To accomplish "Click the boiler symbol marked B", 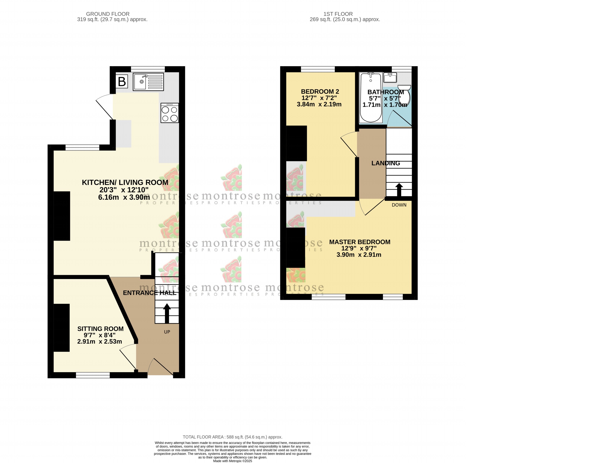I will click(x=122, y=82).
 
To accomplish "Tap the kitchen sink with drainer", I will click(x=148, y=82).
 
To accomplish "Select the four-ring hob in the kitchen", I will click(x=169, y=113).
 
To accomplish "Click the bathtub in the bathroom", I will click(x=370, y=97).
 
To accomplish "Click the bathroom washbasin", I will click(x=390, y=78).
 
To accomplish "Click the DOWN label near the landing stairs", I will click(x=399, y=205).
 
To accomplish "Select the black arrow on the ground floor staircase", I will click(x=167, y=313).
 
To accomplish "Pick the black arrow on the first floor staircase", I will click(x=399, y=190).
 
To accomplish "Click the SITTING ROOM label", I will click(x=100, y=329).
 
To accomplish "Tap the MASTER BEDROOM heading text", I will click(x=359, y=242).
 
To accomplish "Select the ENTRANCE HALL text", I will click(x=149, y=293).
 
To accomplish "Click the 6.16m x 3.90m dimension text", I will click(x=124, y=197).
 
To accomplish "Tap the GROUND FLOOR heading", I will click(x=108, y=14).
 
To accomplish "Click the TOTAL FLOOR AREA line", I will click(x=232, y=437).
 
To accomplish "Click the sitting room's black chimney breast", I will click(x=61, y=327).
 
